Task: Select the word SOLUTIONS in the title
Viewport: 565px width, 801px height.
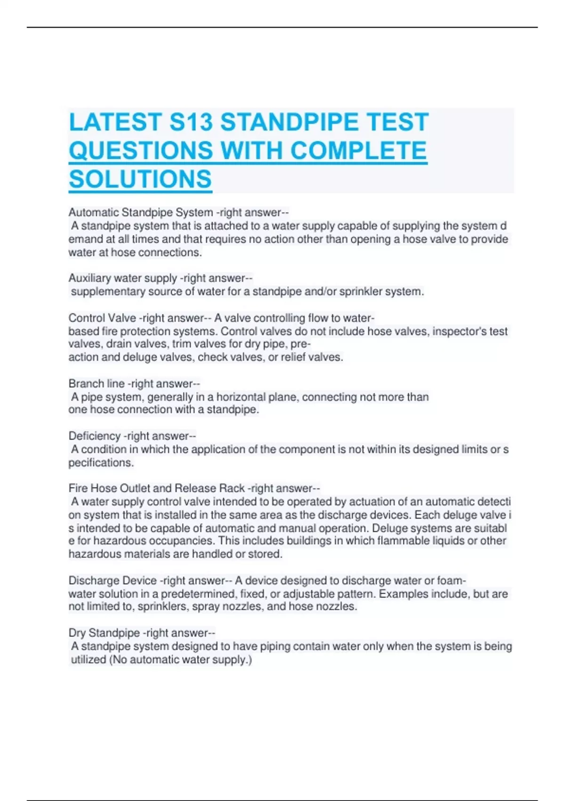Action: [140, 179]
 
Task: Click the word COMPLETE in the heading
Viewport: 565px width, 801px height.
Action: [358, 151]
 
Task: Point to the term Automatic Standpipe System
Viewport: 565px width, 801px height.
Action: [140, 213]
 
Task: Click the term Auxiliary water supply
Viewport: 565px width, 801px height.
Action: [122, 278]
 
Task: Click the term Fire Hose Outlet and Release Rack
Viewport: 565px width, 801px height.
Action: [156, 488]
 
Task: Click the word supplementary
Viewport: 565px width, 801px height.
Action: [108, 292]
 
